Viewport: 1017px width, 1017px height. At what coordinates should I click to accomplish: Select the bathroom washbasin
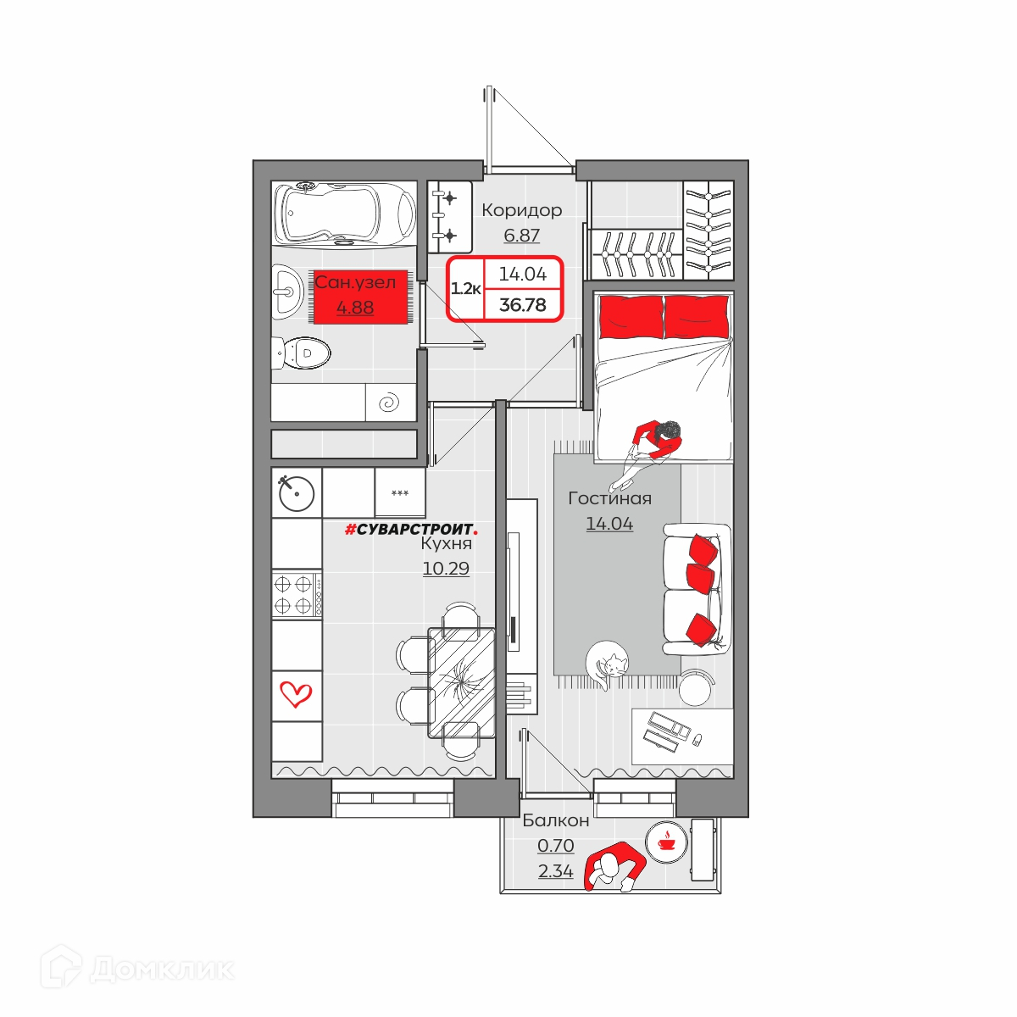coord(287,292)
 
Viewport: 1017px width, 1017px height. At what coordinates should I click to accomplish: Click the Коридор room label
coord(521,210)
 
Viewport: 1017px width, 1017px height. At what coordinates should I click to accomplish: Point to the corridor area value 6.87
coord(521,235)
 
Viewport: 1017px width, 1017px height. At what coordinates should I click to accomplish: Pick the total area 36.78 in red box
coord(523,304)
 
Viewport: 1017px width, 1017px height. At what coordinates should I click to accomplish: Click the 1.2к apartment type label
coord(465,289)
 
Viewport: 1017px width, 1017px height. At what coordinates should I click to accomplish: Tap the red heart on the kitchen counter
coord(296,694)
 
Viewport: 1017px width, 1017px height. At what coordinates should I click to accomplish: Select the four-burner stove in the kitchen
coord(297,594)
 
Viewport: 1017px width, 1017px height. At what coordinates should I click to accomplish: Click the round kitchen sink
coord(296,493)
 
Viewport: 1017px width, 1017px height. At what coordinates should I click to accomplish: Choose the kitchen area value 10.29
coord(446,569)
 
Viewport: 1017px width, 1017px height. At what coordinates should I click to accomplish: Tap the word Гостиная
coord(609,498)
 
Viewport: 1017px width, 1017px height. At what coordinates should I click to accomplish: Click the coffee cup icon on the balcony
coord(667,842)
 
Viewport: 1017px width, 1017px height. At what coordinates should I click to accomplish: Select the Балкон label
coord(556,820)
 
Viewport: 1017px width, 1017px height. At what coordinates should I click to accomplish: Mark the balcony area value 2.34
coord(556,871)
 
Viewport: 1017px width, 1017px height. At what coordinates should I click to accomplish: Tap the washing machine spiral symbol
coord(390,403)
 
